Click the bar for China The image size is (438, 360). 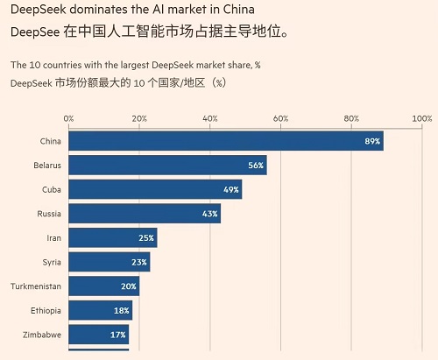(x=225, y=141)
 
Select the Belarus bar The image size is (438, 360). (x=167, y=166)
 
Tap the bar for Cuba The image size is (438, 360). (x=155, y=189)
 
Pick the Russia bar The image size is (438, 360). (x=145, y=214)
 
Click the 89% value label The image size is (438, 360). (x=371, y=141)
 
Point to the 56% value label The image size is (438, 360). (x=256, y=166)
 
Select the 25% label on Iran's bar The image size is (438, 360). (x=146, y=237)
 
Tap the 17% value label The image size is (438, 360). (x=117, y=334)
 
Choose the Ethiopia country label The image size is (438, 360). (x=43, y=310)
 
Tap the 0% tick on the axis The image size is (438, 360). (x=69, y=118)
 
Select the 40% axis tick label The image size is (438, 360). (x=210, y=118)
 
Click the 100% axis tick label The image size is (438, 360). (x=421, y=118)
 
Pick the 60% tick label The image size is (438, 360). (x=280, y=118)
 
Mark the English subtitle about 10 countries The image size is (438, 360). (x=135, y=66)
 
